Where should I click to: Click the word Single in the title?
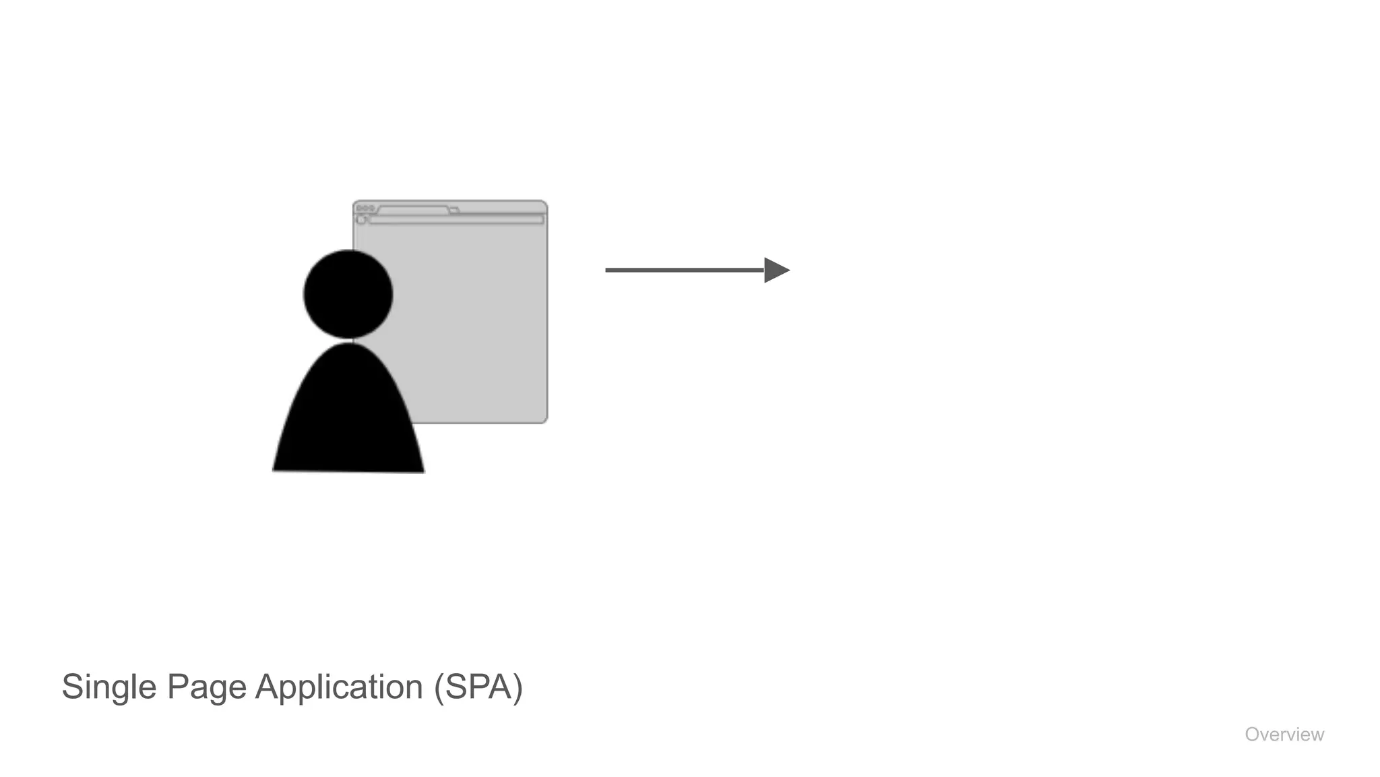pos(109,687)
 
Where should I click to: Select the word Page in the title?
pos(207,687)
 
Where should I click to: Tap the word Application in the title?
pos(339,687)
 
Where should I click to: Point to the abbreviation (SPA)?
pos(478,687)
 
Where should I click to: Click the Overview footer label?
pos(1284,735)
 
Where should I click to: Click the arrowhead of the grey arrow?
pos(776,270)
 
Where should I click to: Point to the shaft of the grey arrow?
pos(684,270)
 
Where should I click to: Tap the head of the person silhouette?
pos(348,294)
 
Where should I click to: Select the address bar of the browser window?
pos(456,220)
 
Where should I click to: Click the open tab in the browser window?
pos(413,210)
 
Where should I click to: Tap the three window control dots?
pos(365,208)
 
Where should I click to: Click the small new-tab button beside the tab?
pos(455,211)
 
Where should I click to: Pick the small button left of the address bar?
pos(361,220)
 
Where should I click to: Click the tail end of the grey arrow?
pos(608,270)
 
